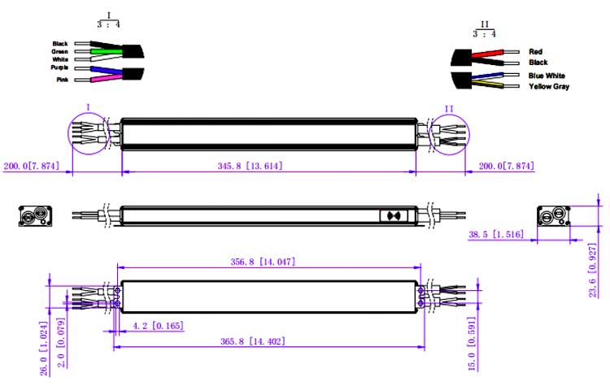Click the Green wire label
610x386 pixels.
point(59,51)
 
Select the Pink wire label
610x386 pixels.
point(61,79)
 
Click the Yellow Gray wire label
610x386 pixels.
point(549,86)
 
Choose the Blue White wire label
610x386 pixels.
point(547,76)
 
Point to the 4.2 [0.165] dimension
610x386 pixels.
point(157,326)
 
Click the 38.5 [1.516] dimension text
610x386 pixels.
point(496,235)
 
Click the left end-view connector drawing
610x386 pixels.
point(35,216)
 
